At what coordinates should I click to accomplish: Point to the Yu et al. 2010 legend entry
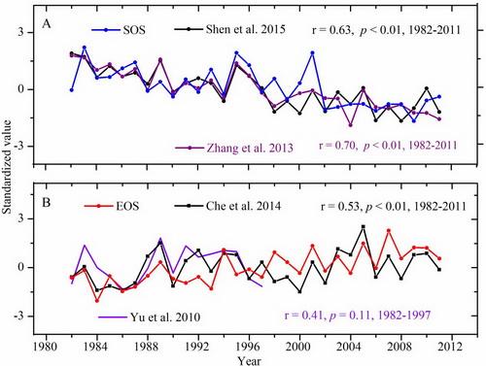click(123, 316)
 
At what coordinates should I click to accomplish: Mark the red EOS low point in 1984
click(97, 300)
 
